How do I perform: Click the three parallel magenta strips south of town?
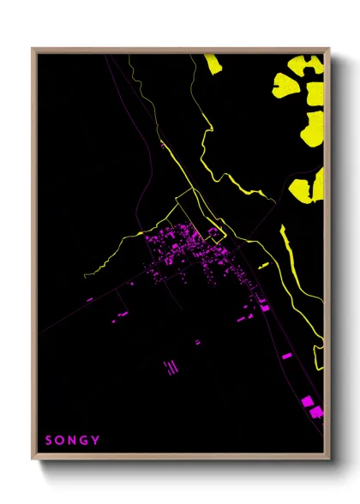coord(171,367)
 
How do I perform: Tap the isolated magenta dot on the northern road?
coord(162,145)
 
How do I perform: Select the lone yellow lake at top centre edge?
coord(212,65)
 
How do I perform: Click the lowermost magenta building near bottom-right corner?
coord(315,413)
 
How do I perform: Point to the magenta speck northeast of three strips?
coord(197,342)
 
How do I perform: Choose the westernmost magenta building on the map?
coord(89,299)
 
